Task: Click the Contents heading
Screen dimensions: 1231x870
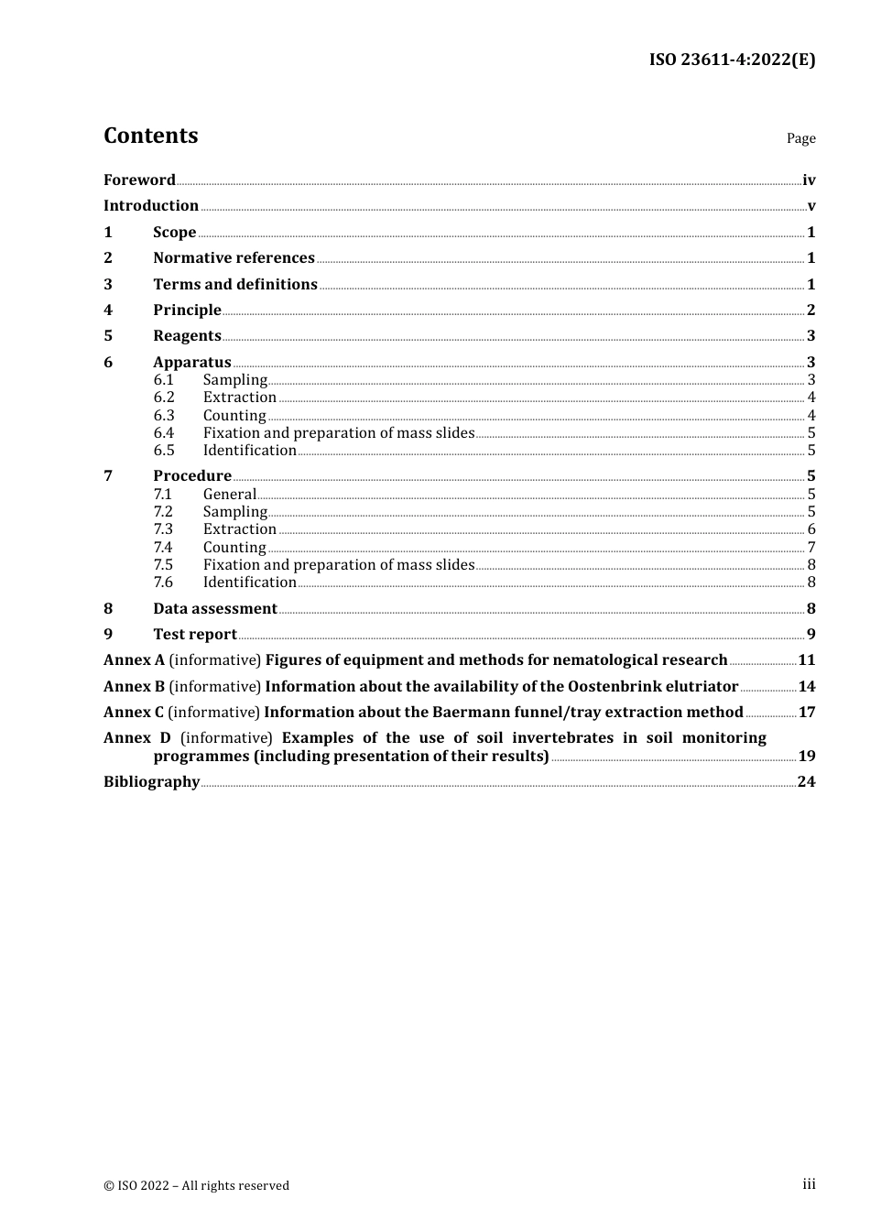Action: [x=150, y=136]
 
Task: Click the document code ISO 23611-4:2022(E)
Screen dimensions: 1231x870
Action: [x=732, y=60]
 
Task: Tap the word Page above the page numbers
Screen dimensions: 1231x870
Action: [x=800, y=138]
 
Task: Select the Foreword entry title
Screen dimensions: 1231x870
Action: [x=139, y=180]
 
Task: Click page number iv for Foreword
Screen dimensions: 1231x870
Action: [x=809, y=180]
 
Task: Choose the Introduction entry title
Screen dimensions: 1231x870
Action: [x=151, y=205]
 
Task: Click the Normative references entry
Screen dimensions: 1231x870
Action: [x=234, y=257]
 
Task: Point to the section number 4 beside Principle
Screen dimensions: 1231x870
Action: [x=108, y=310]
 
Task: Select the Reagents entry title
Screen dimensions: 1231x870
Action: [x=187, y=335]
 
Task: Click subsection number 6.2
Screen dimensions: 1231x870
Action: [x=164, y=397]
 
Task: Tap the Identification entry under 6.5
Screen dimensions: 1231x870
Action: [x=249, y=450]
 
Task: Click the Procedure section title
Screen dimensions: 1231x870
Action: [x=192, y=475]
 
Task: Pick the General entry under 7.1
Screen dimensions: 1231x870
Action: [x=229, y=494]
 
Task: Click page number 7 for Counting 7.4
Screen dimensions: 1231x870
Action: [x=811, y=547]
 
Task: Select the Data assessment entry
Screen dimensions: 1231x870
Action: [x=215, y=608]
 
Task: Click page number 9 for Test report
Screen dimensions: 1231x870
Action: [x=811, y=634]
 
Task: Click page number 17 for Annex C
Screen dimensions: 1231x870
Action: [x=807, y=712]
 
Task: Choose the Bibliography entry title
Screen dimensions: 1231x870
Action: [x=151, y=781]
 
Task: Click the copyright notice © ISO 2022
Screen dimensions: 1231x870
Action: [x=196, y=1185]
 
